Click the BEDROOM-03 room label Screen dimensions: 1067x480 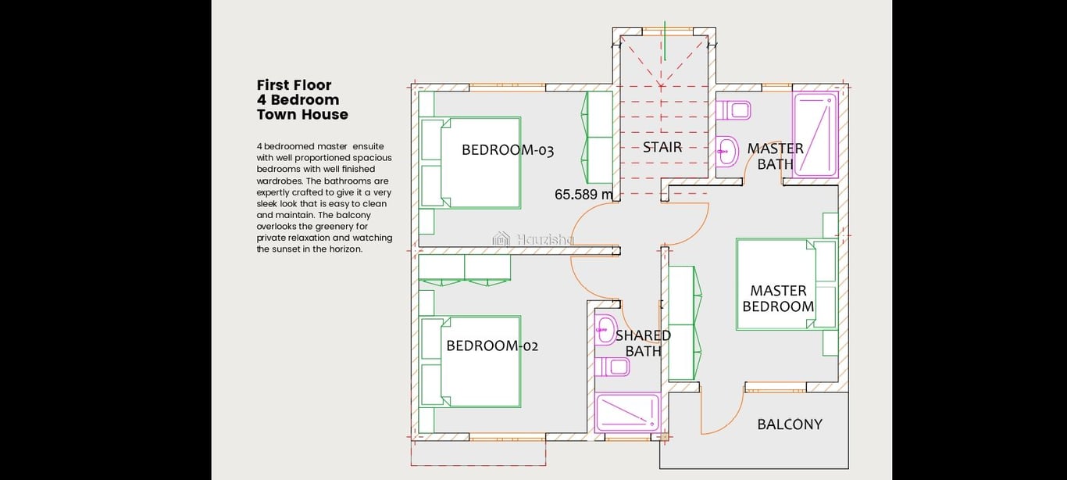coord(508,150)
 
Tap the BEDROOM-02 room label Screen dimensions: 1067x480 coord(492,346)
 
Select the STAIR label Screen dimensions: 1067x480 coord(662,147)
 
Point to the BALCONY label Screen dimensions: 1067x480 coord(790,424)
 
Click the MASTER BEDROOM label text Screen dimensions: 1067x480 coord(778,299)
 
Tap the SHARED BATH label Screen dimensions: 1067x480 coord(643,343)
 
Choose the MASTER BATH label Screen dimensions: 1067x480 coord(776,156)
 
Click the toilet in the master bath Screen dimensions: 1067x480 coord(733,110)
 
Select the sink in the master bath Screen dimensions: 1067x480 coord(727,152)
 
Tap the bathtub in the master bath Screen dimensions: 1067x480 coord(815,135)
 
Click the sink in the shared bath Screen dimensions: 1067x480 coord(606,329)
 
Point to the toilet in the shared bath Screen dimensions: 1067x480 coord(612,367)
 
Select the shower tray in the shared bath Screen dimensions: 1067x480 coord(628,412)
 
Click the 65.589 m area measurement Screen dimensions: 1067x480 coord(583,195)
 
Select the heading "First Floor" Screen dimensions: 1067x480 coord(294,85)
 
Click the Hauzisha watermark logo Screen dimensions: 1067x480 coord(501,238)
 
